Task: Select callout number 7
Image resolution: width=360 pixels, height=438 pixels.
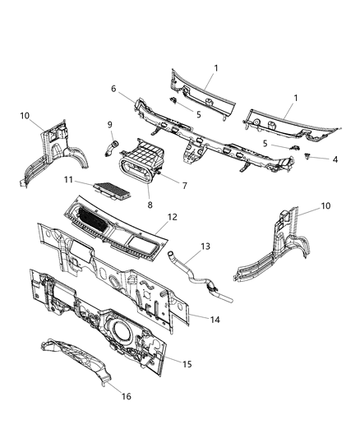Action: pyautogui.click(x=184, y=186)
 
